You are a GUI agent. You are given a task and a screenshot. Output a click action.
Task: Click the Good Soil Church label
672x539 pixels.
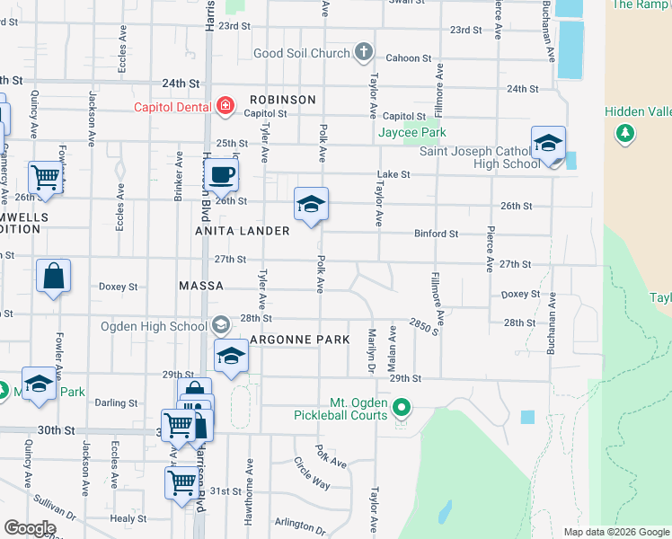301,53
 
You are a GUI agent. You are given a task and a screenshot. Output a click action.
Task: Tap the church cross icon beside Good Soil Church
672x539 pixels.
363,52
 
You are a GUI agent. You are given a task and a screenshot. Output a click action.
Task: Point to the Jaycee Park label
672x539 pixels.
411,133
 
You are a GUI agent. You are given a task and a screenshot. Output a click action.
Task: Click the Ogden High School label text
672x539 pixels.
154,326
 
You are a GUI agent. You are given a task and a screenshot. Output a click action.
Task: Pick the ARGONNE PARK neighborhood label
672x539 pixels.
299,340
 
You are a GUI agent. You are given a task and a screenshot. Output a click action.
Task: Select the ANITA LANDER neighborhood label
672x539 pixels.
243,231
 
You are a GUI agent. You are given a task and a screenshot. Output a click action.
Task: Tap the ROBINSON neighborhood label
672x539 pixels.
283,100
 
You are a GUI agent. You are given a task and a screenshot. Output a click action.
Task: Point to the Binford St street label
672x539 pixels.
437,234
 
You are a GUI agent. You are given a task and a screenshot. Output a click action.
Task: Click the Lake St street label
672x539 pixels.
393,174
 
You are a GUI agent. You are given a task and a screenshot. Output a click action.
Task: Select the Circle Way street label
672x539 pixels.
312,473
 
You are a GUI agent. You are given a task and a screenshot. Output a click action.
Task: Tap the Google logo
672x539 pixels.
30,528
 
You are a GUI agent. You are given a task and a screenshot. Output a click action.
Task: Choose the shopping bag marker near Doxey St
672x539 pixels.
53,278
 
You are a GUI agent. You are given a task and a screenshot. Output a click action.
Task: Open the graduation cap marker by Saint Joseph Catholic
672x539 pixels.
548,145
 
